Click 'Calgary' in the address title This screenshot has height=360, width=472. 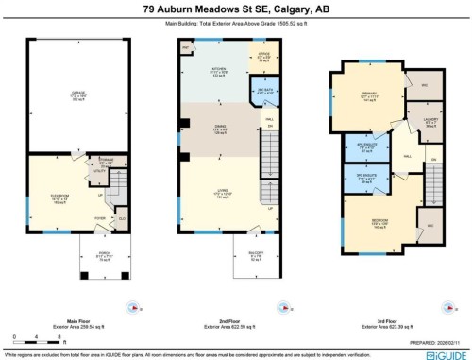pos(297,8)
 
